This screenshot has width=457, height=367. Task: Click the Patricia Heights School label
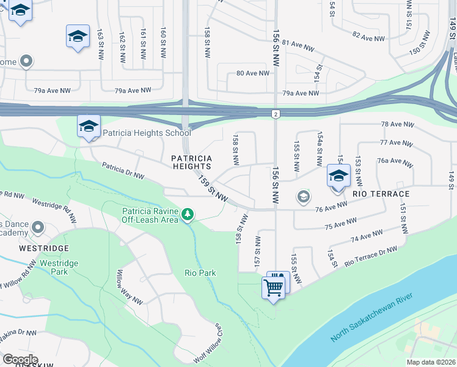pos(147,132)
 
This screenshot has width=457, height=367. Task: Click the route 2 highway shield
pos(276,114)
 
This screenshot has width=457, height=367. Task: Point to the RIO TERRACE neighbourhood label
pos(381,193)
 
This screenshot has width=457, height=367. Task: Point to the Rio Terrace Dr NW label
pos(370,256)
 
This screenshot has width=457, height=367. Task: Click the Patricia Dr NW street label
pos(123,171)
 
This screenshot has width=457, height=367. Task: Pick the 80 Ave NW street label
pos(252,73)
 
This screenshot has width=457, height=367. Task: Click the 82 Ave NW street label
pos(368,36)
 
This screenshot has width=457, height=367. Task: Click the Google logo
pos(20,360)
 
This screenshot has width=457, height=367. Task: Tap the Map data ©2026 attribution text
pos(430,362)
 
